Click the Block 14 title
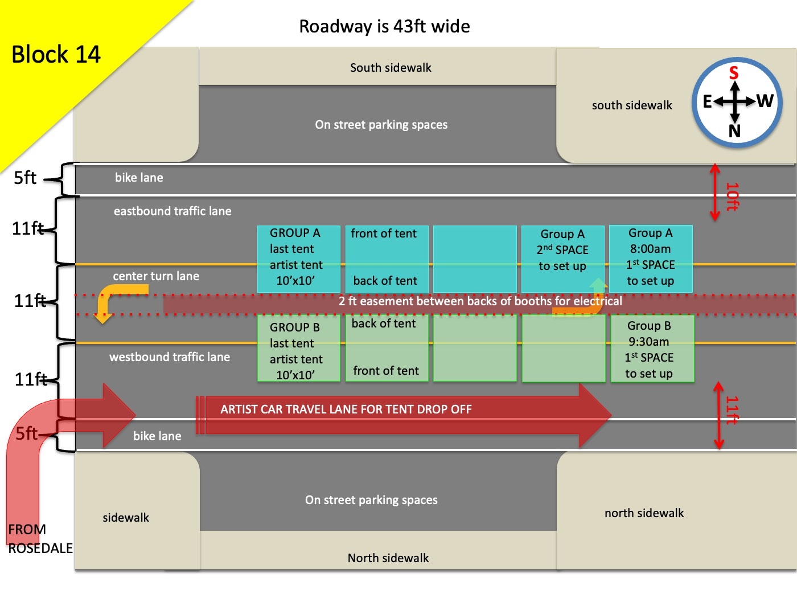(56, 55)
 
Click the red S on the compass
(734, 73)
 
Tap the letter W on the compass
(765, 101)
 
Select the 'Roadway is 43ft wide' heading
(384, 26)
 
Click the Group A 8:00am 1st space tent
(651, 257)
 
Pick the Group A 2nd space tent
(562, 251)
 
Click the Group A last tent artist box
(297, 257)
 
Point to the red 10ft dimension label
(732, 196)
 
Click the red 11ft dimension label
(732, 411)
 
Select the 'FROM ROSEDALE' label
(40, 539)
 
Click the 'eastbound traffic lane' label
(172, 211)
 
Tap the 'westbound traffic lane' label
(170, 357)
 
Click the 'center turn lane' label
(156, 276)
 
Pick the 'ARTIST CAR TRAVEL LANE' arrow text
(346, 409)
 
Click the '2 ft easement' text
(480, 301)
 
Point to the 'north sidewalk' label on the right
(644, 513)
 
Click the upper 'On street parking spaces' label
(381, 125)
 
